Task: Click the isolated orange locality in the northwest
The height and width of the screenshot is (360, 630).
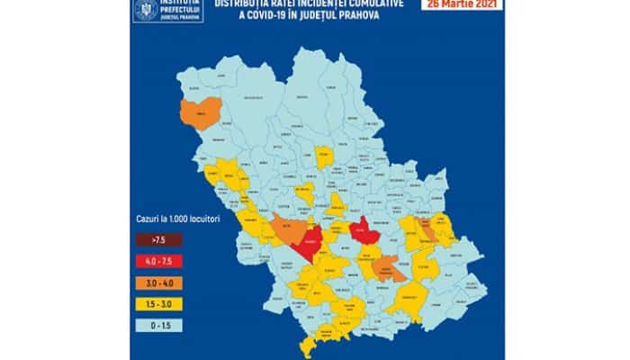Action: point(197,113)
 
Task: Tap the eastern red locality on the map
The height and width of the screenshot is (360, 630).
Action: point(362,231)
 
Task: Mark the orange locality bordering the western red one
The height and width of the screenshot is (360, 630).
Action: point(286,229)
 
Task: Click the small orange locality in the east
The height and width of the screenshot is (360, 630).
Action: point(427,233)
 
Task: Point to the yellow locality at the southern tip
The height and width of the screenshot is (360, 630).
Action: point(310,346)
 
